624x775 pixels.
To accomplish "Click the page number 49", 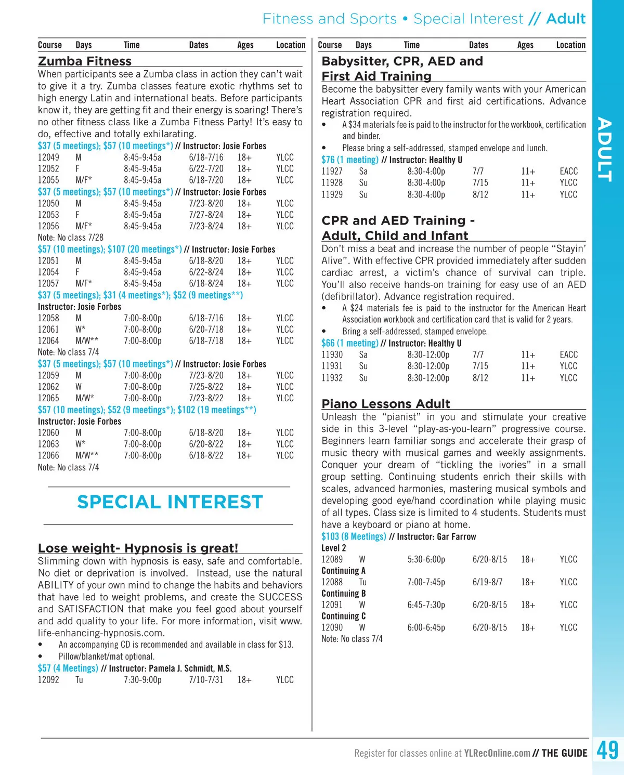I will point(607,751).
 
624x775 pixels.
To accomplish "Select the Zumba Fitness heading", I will point(85,61).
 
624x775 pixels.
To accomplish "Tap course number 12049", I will point(48,157).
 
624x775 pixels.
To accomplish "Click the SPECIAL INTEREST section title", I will point(170,502).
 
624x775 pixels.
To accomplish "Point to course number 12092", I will point(48,680).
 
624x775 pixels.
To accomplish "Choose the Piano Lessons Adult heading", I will point(386,404).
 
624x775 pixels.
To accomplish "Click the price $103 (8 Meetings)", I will point(354,536).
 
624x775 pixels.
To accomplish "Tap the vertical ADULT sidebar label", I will point(604,149).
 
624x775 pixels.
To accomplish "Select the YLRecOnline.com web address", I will point(497,753).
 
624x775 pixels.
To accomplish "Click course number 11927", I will point(332,172).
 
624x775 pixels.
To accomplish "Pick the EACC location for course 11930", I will point(568,355).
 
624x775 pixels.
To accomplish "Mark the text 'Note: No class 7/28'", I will point(71,238).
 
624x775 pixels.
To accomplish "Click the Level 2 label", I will point(333,548).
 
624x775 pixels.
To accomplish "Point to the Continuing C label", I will point(343,616).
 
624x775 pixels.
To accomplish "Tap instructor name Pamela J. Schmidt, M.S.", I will point(190,668).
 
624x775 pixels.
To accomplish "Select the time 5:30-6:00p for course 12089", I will point(426,560).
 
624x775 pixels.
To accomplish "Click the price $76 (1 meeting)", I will point(350,160).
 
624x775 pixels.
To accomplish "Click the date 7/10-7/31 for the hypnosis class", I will point(206,680).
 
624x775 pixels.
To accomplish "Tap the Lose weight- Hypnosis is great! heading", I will point(138,548).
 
